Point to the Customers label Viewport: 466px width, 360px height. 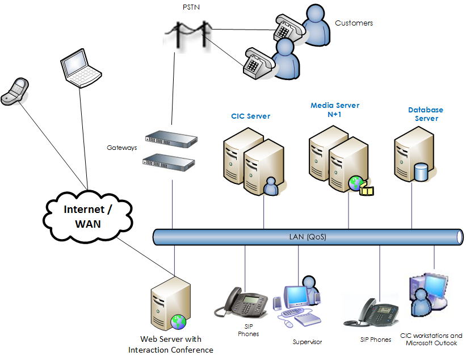354,23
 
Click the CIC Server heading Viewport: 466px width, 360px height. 250,116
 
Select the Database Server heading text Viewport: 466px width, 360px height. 426,114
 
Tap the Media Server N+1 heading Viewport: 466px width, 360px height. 335,110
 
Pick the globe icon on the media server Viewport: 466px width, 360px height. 356,183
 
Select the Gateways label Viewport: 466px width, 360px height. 122,148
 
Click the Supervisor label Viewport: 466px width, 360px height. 307,342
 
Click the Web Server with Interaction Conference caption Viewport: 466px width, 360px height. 171,345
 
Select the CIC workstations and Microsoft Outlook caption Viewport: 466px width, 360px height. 431,339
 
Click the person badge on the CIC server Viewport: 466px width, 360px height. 271,186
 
